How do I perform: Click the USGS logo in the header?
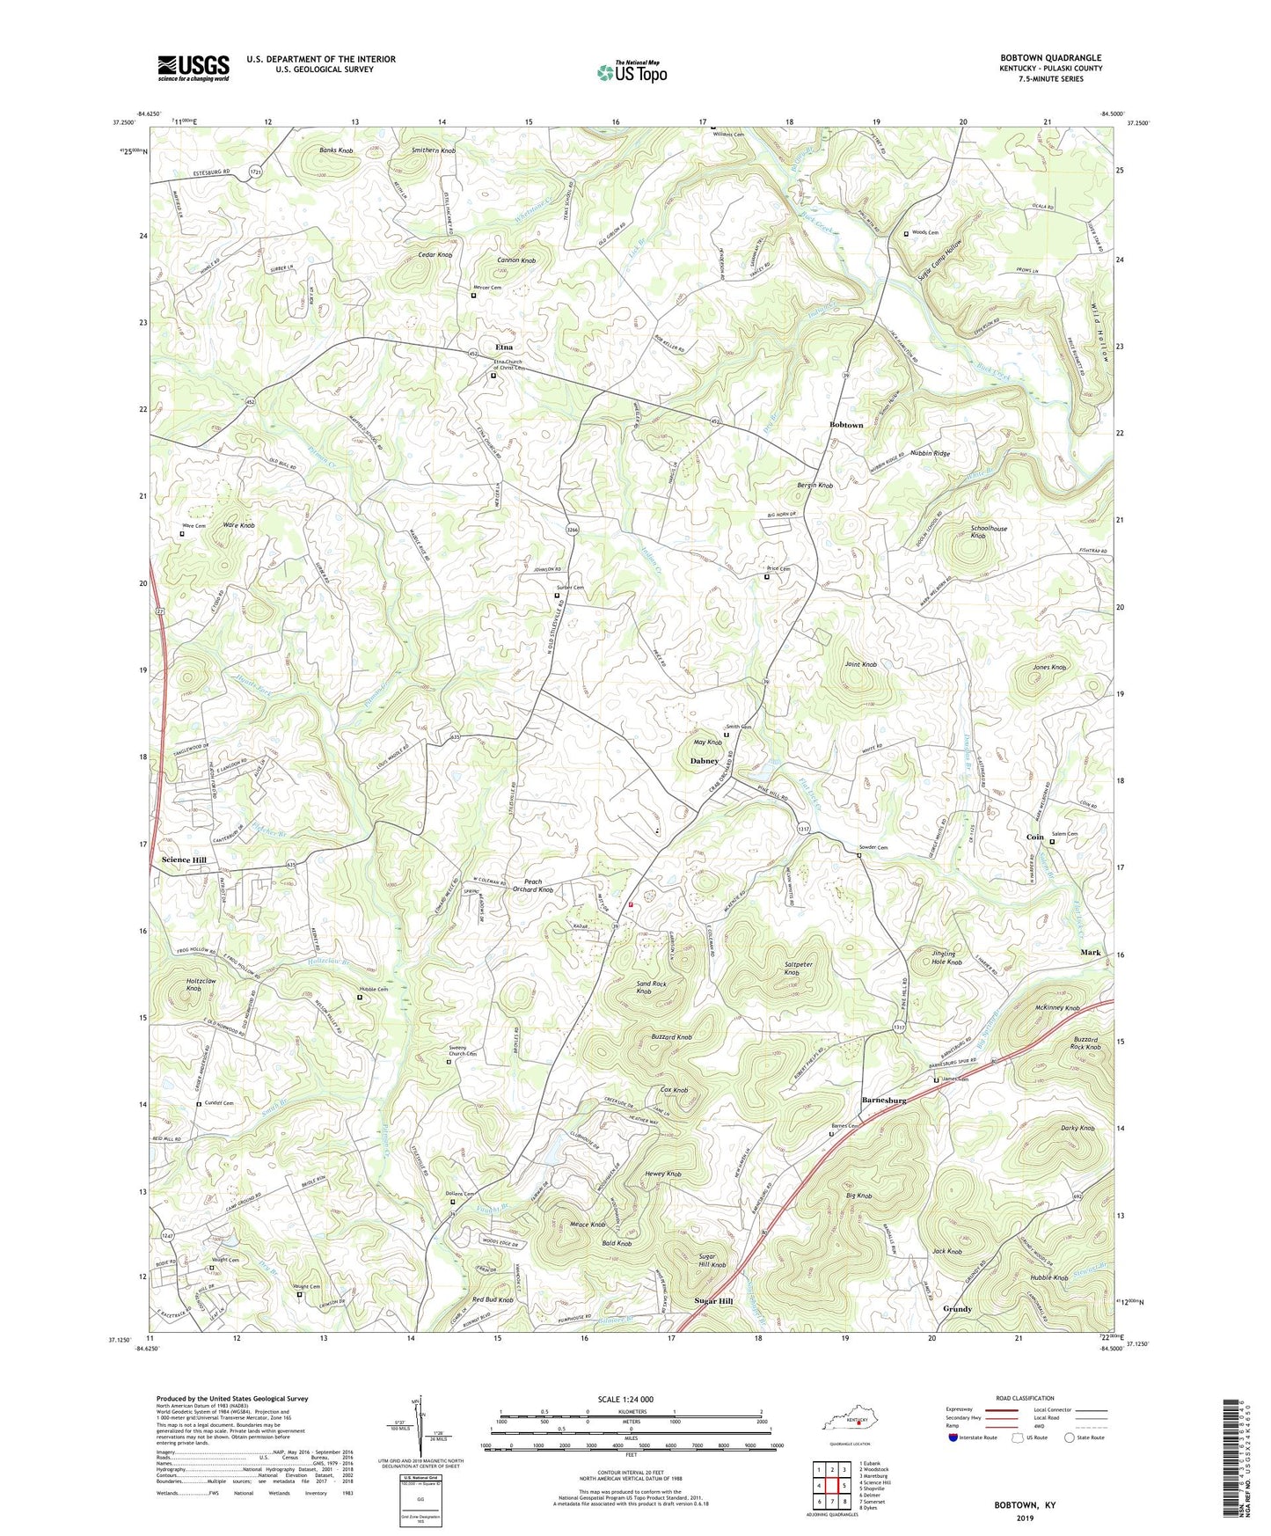(x=194, y=67)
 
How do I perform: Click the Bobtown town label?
(x=846, y=425)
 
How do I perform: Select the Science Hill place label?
(x=184, y=859)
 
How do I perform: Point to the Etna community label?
(x=504, y=347)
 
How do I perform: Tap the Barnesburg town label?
(x=883, y=1101)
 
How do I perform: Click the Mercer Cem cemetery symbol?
(x=473, y=296)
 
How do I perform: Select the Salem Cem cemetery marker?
(x=1052, y=842)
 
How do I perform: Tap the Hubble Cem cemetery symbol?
(x=359, y=998)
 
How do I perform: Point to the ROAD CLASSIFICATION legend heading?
(x=1026, y=1398)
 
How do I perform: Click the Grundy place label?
(x=957, y=1309)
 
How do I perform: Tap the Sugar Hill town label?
(x=712, y=1301)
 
